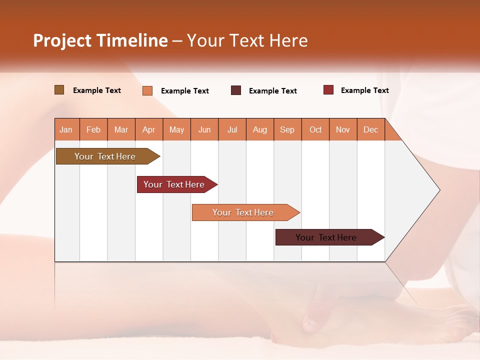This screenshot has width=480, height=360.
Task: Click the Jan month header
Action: tap(66, 129)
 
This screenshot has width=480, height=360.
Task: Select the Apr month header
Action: tap(149, 129)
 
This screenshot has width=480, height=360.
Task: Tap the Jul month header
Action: tap(232, 129)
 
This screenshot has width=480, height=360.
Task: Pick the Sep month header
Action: tap(287, 129)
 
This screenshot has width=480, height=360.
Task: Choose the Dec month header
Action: tap(371, 129)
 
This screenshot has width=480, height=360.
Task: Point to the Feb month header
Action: tap(93, 129)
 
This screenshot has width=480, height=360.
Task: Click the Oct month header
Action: tap(315, 129)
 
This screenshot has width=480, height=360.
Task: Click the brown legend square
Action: tap(59, 90)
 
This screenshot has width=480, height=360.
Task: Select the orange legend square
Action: tap(147, 90)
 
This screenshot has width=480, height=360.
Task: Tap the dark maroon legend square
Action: tap(236, 90)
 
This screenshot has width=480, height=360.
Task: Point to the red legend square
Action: tap(328, 90)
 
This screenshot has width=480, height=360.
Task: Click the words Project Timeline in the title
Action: tap(100, 40)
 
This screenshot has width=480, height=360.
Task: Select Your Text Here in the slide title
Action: tap(247, 40)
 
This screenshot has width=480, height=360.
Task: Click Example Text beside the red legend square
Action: tap(364, 90)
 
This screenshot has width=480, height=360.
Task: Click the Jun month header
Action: tap(204, 129)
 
